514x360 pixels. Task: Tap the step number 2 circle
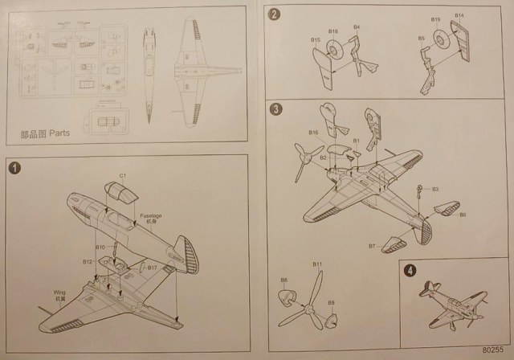pos(275,14)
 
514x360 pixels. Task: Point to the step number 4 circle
pos(411,271)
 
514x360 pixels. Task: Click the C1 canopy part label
pos(123,175)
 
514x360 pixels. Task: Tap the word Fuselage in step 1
pos(153,215)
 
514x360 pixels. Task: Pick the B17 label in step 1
pos(152,267)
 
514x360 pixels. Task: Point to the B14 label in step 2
pos(459,15)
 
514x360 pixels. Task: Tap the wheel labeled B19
pos(439,38)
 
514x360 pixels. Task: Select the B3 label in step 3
pos(434,189)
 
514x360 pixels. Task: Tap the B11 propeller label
pos(317,264)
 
